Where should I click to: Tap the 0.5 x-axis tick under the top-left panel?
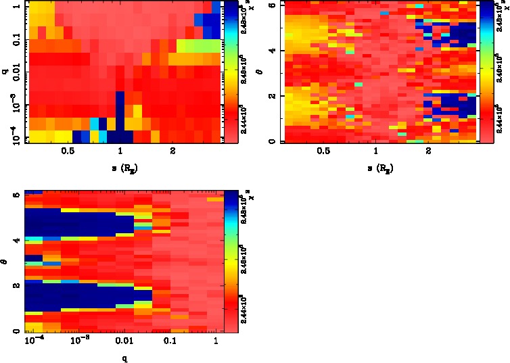[67, 152]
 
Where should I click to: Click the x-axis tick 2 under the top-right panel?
[429, 152]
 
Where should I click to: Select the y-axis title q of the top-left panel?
[5, 68]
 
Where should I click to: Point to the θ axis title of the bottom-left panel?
[5, 260]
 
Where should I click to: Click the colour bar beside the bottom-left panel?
[231, 261]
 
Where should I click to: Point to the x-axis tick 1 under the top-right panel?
[376, 152]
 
